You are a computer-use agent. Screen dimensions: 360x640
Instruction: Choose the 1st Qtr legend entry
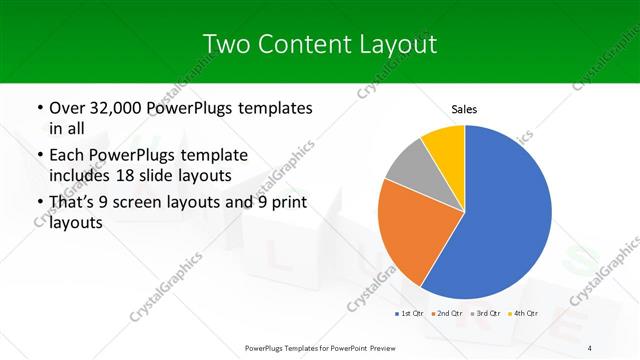pyautogui.click(x=410, y=314)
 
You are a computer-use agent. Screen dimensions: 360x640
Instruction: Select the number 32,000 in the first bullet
pyautogui.click(x=117, y=108)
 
